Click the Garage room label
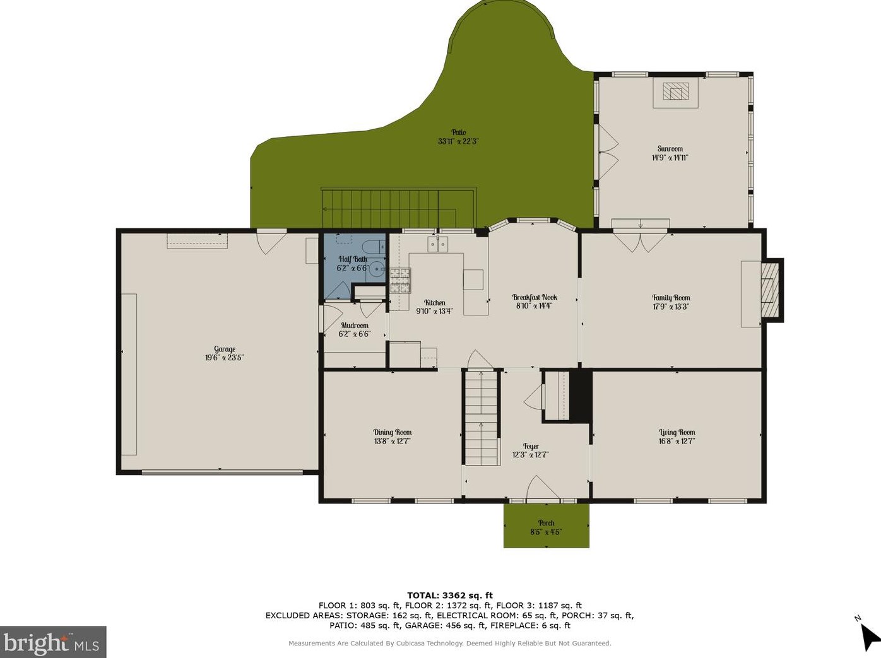(225, 349)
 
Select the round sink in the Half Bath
(376, 269)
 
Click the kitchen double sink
(437, 244)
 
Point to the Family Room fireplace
(771, 290)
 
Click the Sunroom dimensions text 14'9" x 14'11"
(670, 158)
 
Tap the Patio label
(458, 132)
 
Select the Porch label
(547, 523)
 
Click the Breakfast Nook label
(535, 297)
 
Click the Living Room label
(677, 432)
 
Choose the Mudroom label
(355, 325)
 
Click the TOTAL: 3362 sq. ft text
(450, 596)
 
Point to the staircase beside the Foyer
(482, 417)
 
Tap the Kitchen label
(435, 303)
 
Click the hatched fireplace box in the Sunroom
(675, 91)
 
